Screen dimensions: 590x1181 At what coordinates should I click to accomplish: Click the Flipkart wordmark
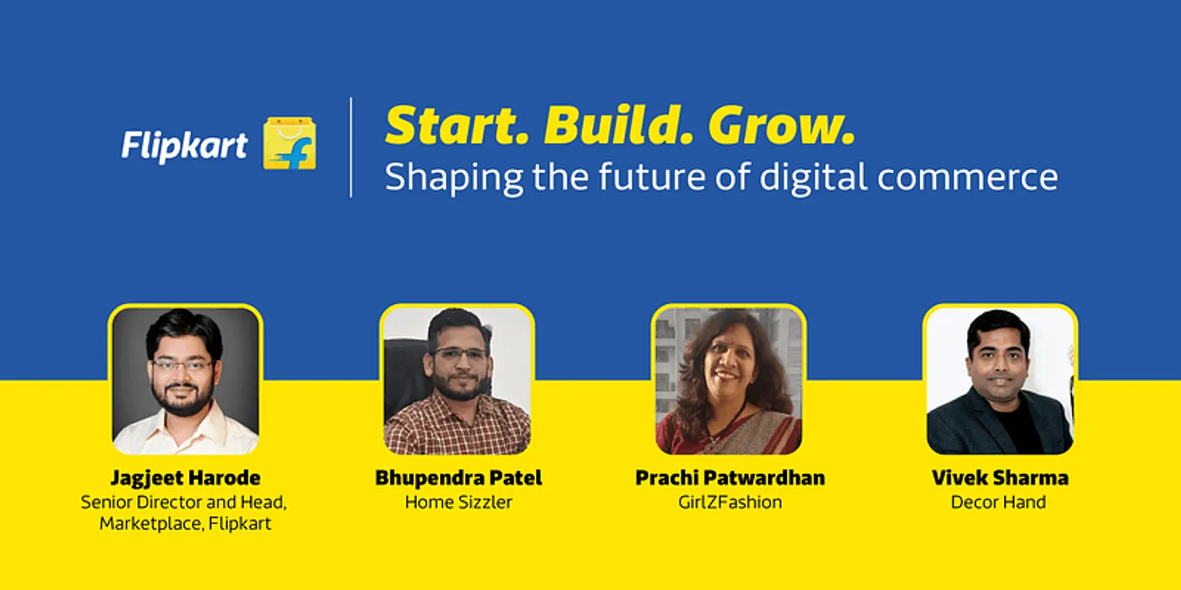(x=184, y=145)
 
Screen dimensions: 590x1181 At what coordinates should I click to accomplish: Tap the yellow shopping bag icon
(x=290, y=143)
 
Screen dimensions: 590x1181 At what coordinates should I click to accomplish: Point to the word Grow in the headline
(x=781, y=126)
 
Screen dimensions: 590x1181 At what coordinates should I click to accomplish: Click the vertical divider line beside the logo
(x=351, y=147)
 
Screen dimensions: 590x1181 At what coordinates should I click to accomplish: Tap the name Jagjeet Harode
(x=185, y=478)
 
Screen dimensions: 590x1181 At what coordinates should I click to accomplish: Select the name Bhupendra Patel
(x=458, y=478)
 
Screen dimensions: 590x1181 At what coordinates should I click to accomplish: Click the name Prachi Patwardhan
(x=730, y=478)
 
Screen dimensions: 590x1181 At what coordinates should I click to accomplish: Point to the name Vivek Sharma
(x=1000, y=478)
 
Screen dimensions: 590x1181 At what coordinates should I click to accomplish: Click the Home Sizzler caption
(x=458, y=502)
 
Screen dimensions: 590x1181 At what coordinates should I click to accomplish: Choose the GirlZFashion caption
(x=730, y=502)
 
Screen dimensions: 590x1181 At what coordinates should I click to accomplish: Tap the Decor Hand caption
(x=998, y=502)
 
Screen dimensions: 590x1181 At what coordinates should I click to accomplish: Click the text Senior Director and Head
(x=183, y=502)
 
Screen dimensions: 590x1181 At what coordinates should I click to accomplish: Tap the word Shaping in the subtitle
(x=453, y=178)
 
